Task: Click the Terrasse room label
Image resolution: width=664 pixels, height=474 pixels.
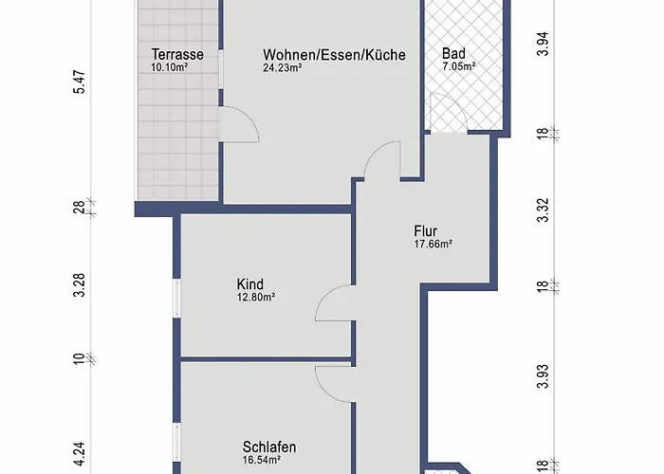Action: click(177, 55)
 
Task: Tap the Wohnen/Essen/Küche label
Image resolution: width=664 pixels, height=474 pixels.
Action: click(334, 55)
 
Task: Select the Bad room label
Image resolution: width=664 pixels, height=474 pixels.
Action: click(453, 54)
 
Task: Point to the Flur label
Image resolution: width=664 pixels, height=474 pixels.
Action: click(426, 231)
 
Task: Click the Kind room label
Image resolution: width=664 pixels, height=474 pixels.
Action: click(249, 284)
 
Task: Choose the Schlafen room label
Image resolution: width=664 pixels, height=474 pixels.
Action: click(269, 447)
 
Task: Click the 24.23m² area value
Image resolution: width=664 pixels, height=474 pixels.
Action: click(282, 67)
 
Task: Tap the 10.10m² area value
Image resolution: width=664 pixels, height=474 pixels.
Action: click(170, 67)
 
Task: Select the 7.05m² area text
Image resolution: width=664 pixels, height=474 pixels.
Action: click(458, 66)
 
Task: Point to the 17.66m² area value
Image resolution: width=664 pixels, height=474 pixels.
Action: click(433, 244)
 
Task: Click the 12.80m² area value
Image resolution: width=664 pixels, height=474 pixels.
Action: click(256, 297)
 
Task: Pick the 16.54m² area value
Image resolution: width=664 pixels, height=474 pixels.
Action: click(262, 460)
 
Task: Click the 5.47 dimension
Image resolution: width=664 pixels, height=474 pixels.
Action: click(80, 82)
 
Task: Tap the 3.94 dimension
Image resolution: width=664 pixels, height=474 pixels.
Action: click(543, 44)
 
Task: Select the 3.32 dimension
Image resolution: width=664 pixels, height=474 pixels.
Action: click(543, 210)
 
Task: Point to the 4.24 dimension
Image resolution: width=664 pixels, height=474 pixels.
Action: click(80, 454)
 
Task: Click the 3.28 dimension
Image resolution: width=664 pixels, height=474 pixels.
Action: click(80, 285)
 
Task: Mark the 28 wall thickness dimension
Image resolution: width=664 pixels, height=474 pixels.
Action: click(80, 208)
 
